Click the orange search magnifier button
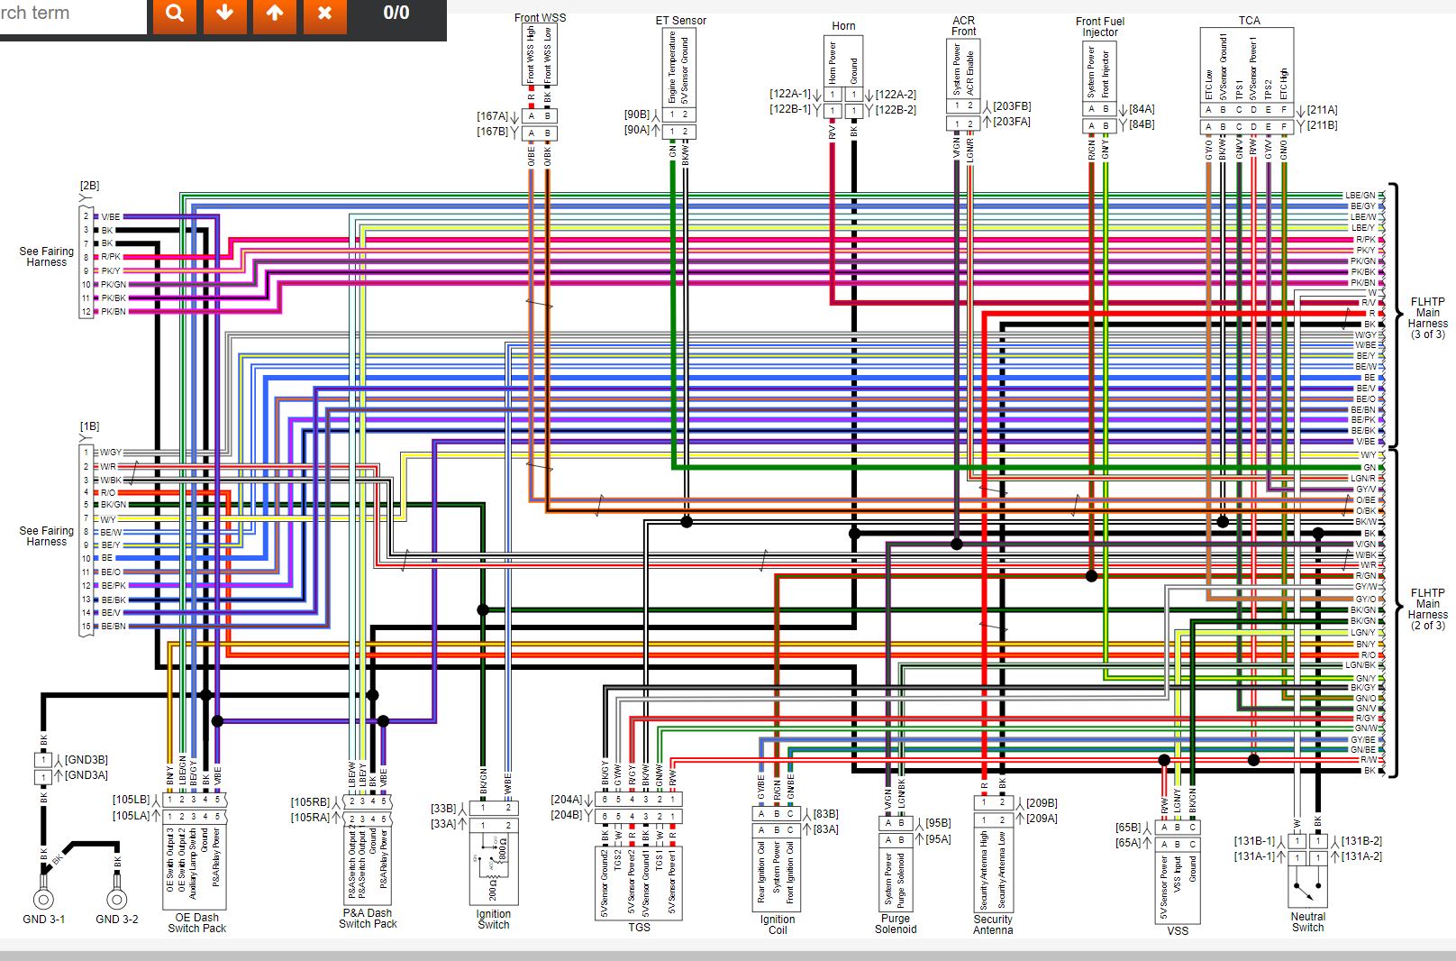tap(175, 14)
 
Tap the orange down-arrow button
tap(225, 14)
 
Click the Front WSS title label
tap(540, 17)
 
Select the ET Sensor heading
tap(680, 21)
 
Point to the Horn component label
tap(843, 26)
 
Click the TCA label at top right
tap(1249, 20)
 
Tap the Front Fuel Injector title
tap(1099, 27)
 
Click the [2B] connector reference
tap(89, 186)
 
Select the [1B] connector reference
tap(89, 426)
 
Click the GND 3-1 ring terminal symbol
tap(43, 899)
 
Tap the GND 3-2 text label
tap(116, 920)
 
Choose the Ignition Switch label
tap(493, 920)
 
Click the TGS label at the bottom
tap(639, 927)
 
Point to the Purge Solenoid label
tap(895, 924)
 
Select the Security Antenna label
tap(992, 925)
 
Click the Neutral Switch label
tap(1307, 922)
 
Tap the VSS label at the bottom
tap(1177, 930)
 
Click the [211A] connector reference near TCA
tap(1322, 110)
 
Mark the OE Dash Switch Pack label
tap(196, 923)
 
